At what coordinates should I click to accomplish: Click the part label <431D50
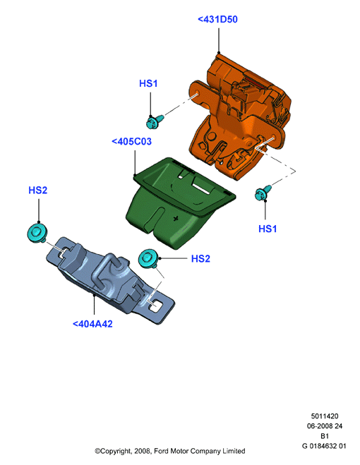coord(217,20)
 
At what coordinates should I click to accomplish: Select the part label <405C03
coord(131,141)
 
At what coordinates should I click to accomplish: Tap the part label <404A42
coord(92,324)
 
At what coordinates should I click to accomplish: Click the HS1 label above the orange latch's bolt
coord(148,83)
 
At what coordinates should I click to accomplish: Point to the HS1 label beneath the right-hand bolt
coord(268,229)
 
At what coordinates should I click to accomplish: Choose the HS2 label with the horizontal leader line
coord(200,258)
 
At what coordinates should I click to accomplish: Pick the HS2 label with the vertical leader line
coord(37,190)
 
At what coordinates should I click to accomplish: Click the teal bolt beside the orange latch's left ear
coord(155,121)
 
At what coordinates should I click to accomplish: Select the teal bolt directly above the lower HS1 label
coord(263,193)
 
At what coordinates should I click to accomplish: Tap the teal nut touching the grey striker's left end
coord(37,233)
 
